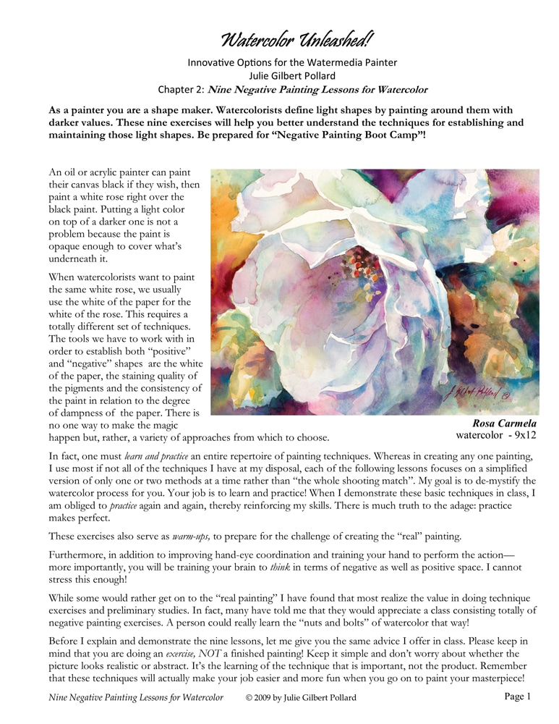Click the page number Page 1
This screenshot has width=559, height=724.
point(517,696)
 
